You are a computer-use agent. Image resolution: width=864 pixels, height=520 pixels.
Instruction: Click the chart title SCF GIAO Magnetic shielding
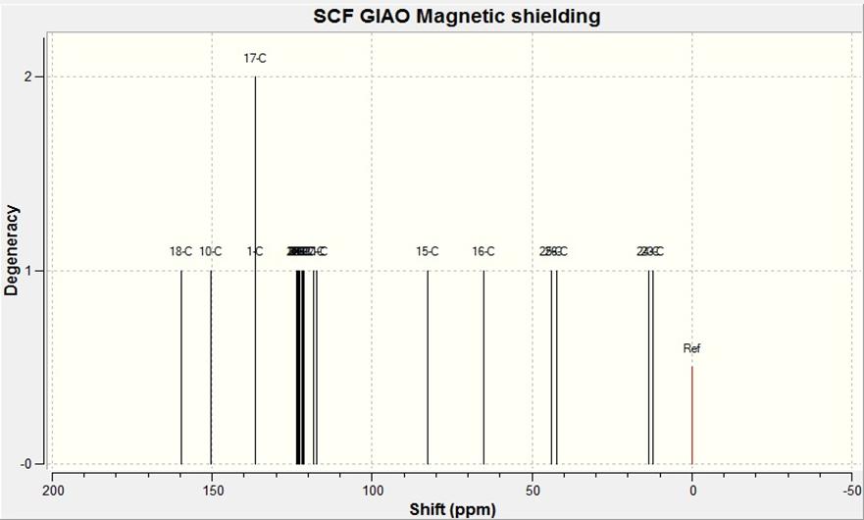[457, 17]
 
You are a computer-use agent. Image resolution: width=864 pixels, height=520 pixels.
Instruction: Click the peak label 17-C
[255, 59]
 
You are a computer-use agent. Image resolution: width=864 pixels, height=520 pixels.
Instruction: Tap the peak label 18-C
[180, 251]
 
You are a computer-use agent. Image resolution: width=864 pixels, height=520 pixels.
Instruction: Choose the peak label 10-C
[211, 251]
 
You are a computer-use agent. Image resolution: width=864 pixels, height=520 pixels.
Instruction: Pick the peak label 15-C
[427, 251]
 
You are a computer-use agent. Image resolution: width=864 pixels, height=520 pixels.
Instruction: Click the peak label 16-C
[483, 251]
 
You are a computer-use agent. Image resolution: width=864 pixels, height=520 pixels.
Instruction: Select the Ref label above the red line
[692, 348]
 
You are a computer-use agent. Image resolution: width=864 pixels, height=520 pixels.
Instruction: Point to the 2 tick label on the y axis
[29, 77]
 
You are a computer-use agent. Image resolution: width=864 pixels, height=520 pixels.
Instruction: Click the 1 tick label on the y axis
[29, 271]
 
